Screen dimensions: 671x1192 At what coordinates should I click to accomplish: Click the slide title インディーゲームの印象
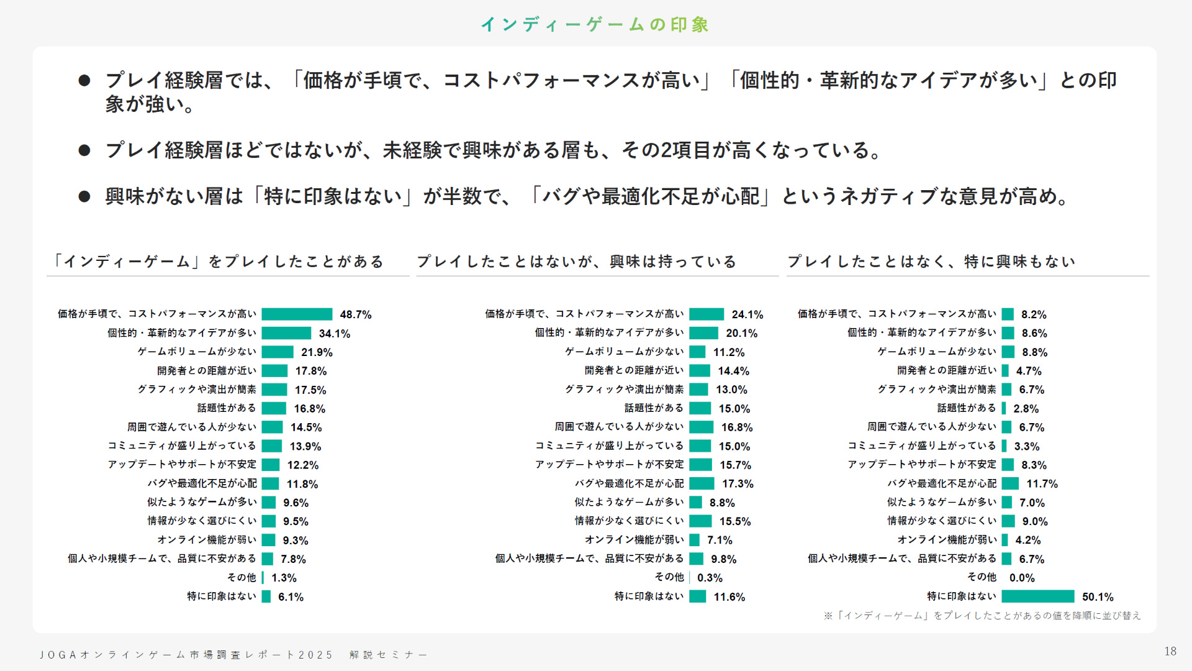tap(595, 24)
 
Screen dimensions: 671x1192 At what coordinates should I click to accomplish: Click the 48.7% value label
tap(355, 314)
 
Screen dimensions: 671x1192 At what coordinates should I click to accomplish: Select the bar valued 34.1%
tap(286, 333)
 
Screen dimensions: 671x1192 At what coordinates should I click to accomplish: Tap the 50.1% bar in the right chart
tap(1037, 596)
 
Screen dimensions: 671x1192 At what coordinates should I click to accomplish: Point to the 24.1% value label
tap(747, 314)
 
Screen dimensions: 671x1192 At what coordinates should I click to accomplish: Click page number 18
tap(1170, 651)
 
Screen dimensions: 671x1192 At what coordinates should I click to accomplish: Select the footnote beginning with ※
tap(982, 616)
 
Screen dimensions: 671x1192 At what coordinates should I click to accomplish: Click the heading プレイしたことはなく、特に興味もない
tap(931, 262)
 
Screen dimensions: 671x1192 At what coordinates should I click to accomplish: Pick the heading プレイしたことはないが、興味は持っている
tap(576, 262)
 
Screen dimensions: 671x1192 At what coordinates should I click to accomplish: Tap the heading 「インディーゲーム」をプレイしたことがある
tap(217, 262)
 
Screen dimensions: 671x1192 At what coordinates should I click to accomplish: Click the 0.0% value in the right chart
tap(1021, 578)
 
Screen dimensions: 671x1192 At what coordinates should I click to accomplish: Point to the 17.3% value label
tap(737, 483)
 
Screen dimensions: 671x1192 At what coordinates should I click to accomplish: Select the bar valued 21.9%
tap(278, 352)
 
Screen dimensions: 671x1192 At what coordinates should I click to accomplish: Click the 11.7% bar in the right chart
tap(1010, 483)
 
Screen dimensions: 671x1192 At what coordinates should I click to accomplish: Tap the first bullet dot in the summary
tap(84, 80)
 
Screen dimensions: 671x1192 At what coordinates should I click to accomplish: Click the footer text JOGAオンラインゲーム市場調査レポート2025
tap(186, 655)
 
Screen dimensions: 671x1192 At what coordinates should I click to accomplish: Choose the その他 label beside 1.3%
tap(242, 577)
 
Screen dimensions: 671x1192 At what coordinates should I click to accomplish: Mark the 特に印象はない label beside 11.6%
tap(649, 596)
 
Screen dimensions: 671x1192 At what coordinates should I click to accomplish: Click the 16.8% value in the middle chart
tap(736, 427)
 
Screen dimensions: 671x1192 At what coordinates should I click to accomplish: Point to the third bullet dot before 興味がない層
tap(84, 197)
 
